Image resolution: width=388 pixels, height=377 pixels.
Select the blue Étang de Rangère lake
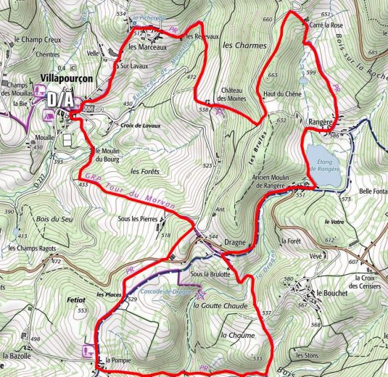[324, 163]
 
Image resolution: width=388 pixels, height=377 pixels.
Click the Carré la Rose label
[324, 23]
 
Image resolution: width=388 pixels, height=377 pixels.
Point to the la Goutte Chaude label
[220, 306]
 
